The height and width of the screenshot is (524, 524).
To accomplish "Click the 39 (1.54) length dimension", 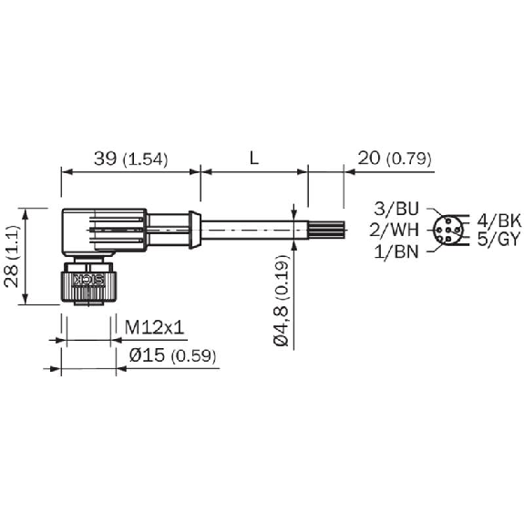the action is [x=130, y=159].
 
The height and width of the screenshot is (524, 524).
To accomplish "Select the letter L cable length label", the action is [x=254, y=159].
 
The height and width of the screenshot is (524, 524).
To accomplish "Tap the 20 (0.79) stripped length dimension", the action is [x=395, y=159].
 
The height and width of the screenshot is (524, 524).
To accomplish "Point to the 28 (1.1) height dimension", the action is [x=13, y=256].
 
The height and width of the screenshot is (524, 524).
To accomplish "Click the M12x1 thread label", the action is [x=154, y=327].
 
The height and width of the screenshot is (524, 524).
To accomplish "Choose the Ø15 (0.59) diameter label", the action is [x=173, y=355].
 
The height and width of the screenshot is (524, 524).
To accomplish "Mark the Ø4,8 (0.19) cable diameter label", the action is [x=281, y=300].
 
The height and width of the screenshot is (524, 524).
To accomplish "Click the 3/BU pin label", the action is [x=396, y=209].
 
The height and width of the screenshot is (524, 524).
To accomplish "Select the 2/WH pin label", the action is [x=395, y=230].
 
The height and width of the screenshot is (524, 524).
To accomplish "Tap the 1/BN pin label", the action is [x=396, y=252].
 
